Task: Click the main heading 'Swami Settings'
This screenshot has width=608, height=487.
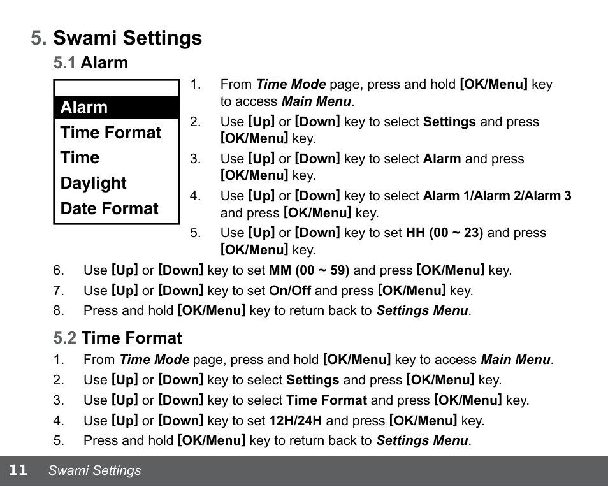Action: point(127,38)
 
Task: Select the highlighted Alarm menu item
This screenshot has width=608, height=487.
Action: point(84,107)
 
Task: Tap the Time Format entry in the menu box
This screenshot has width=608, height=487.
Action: point(111,133)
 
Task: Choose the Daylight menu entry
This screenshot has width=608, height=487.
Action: point(93,184)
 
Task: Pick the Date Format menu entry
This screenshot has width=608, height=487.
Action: point(109,209)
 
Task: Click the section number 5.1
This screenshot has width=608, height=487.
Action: point(64,62)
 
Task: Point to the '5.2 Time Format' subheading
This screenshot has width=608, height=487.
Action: point(118,338)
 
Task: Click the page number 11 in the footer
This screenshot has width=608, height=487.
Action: point(18,470)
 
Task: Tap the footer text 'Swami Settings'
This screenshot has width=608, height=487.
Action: point(95,471)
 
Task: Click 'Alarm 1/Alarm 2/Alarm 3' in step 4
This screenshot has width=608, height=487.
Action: point(497,196)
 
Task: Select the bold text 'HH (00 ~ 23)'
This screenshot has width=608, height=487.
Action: point(444,233)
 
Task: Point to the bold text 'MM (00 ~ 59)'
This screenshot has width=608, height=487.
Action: point(309,270)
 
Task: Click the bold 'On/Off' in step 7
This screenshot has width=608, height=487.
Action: point(290,291)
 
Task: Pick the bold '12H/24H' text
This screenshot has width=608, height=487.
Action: point(296,421)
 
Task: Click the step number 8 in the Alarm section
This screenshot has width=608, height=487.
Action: point(59,311)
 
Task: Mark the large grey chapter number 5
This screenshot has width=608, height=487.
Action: point(38,38)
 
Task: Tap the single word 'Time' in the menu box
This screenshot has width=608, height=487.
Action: point(80,158)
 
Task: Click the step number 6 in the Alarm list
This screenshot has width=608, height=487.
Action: point(59,270)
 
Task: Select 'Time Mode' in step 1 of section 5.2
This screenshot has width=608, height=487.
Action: point(154,360)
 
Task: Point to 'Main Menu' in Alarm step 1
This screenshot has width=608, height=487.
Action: point(316,101)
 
